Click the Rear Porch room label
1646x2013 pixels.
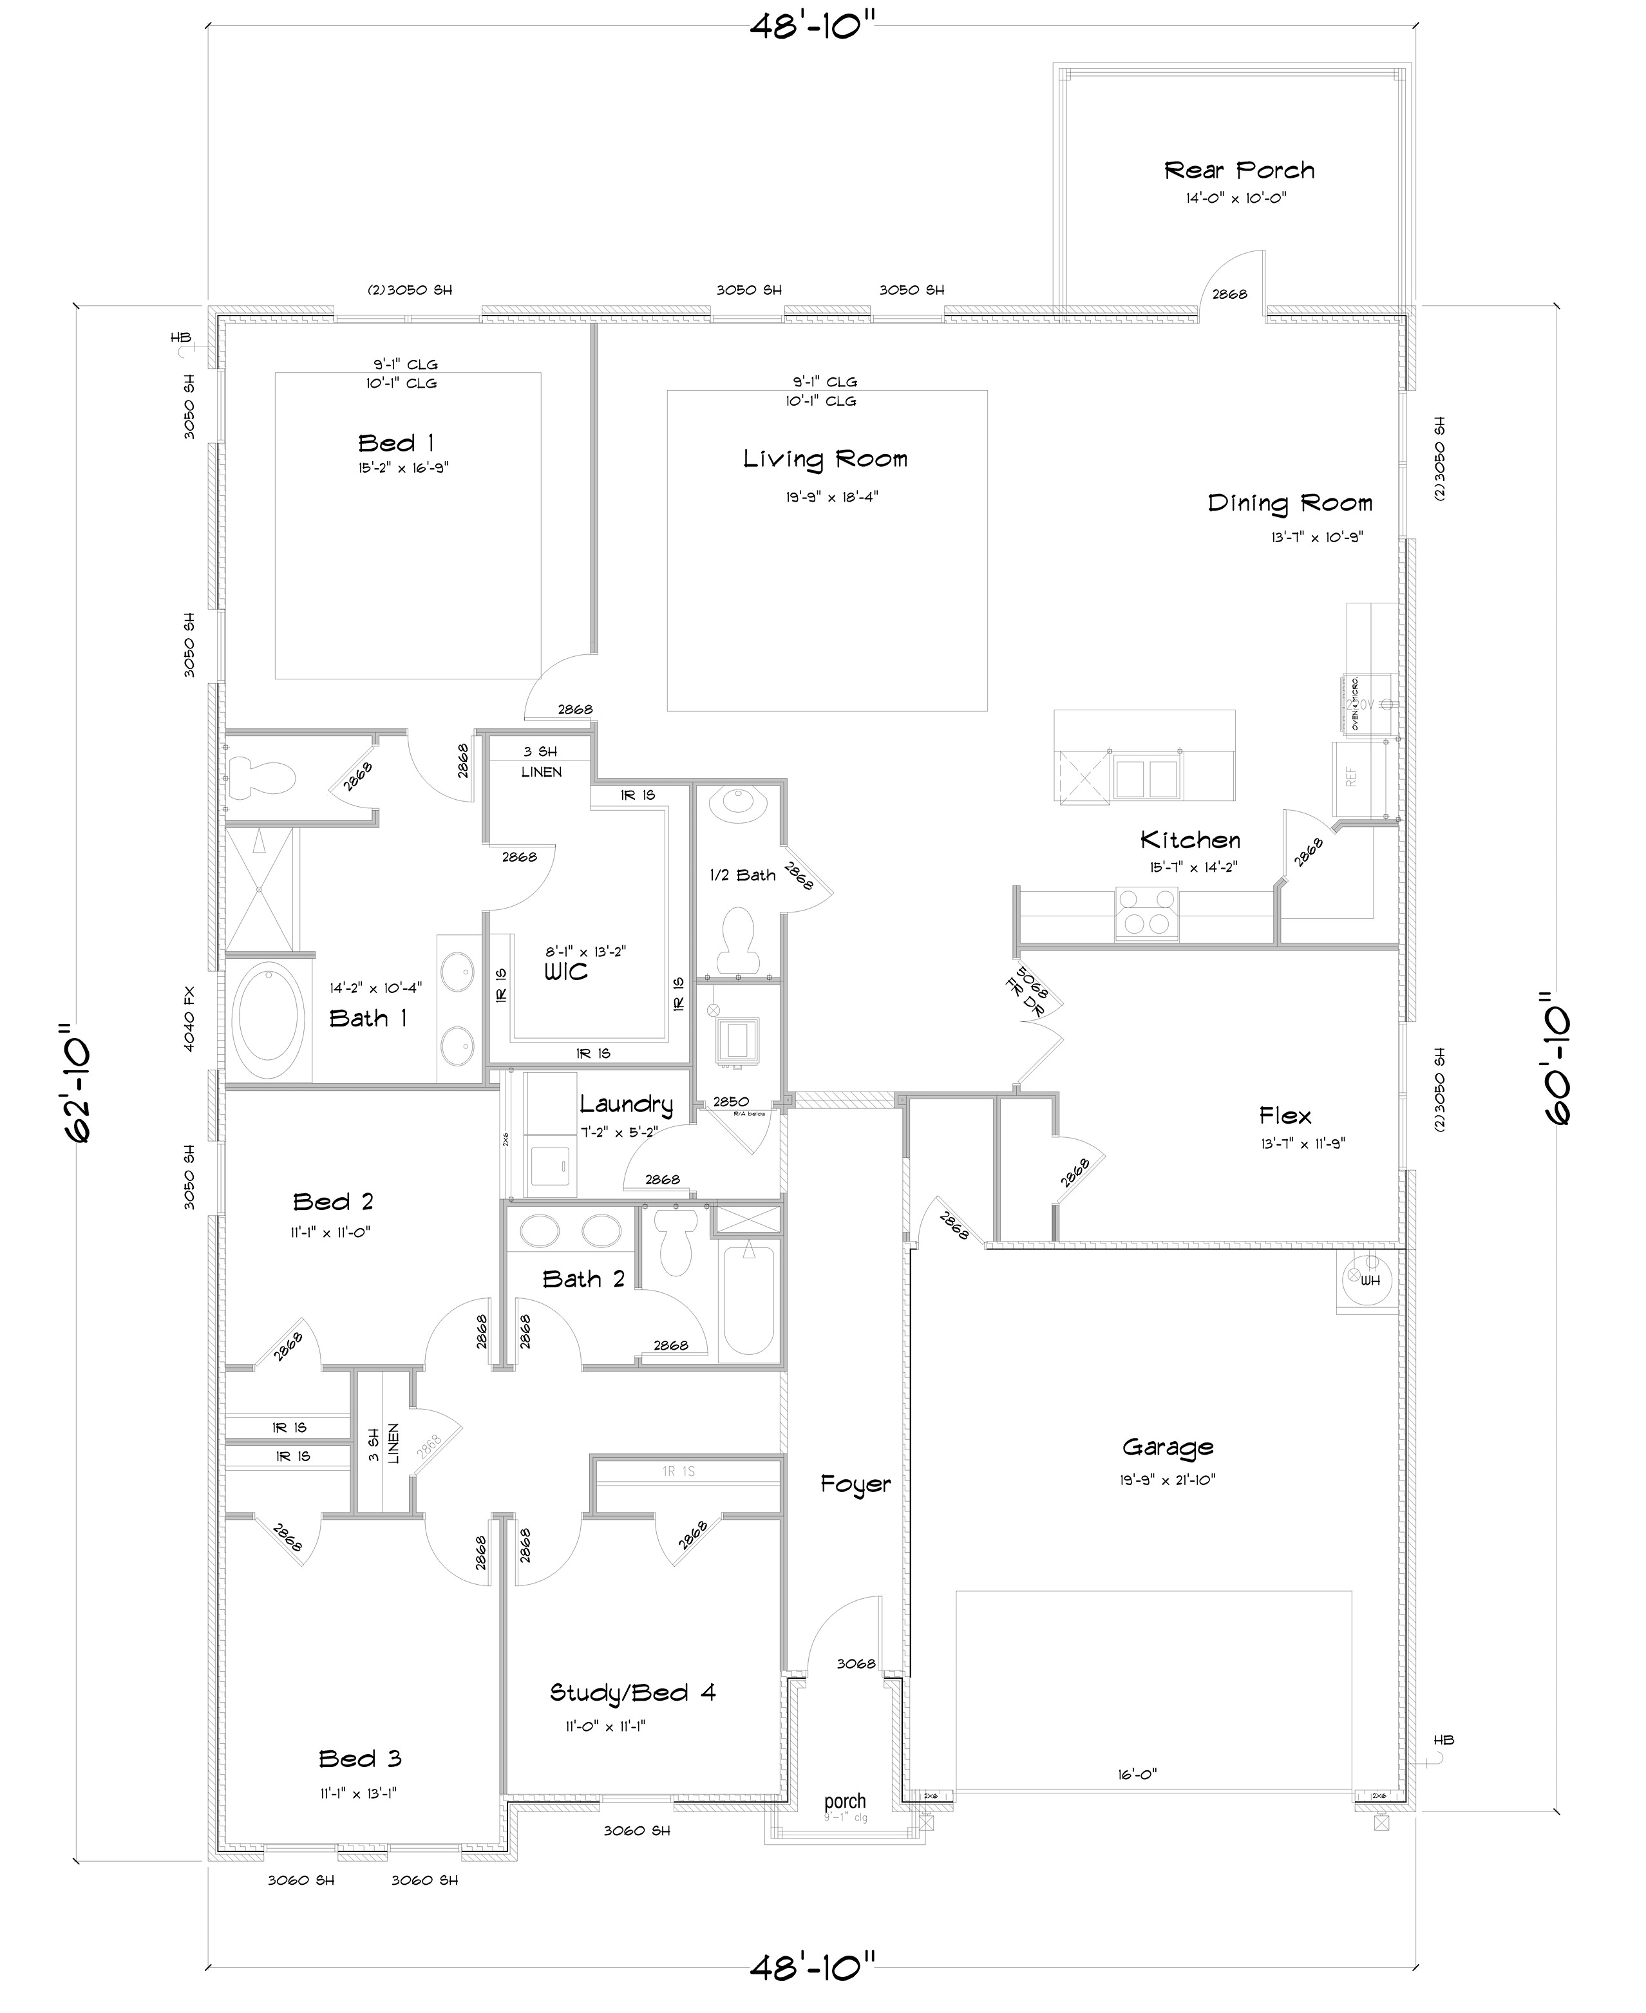pos(1239,171)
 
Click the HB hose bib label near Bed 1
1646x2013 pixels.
pos(180,337)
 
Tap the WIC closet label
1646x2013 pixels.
pos(566,972)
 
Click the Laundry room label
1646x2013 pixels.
pos(626,1104)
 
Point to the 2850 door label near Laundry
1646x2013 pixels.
pos(731,1102)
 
